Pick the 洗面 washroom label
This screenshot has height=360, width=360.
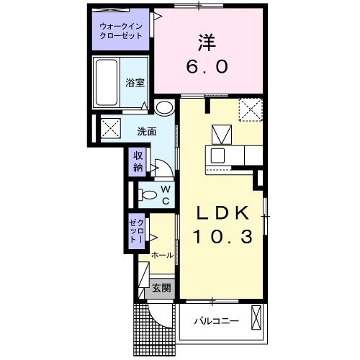pyautogui.click(x=148, y=131)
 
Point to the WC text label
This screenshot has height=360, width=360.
pyautogui.click(x=165, y=195)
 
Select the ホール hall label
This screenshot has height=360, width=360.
pyautogui.click(x=162, y=254)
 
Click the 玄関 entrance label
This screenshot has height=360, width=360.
pyautogui.click(x=161, y=288)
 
